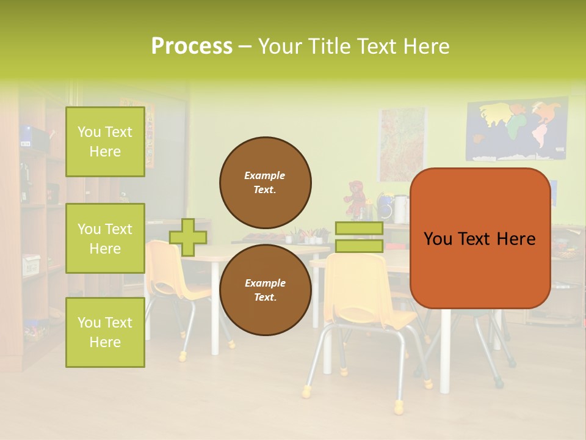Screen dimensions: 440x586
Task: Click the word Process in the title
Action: [192, 46]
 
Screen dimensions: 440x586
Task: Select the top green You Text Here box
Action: [105, 142]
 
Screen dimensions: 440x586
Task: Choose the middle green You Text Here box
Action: [105, 238]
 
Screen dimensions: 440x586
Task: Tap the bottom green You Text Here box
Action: [105, 332]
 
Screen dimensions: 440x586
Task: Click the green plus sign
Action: [188, 237]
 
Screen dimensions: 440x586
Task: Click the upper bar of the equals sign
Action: [359, 229]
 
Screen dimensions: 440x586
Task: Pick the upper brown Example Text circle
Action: [266, 182]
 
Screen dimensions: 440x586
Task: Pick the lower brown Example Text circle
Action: [266, 290]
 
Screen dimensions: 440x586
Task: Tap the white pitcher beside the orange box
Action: [400, 209]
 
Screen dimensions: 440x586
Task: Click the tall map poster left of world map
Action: [402, 144]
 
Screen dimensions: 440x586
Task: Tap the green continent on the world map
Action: [516, 128]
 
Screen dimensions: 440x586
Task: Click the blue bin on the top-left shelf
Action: [26, 134]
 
